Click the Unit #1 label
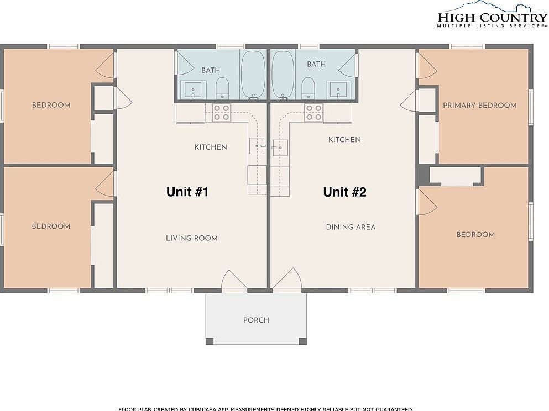tap(187, 192)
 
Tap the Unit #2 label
tap(344, 192)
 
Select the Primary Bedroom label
tap(479, 105)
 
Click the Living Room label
tap(192, 238)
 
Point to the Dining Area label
tap(351, 227)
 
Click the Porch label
tap(256, 320)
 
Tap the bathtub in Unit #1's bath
tap(253, 75)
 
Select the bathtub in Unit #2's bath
tap(283, 75)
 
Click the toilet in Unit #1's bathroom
tap(222, 87)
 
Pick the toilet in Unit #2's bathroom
tap(308, 87)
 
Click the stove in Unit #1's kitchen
tap(222, 113)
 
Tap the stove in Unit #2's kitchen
tap(313, 113)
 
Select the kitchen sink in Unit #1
tap(257, 146)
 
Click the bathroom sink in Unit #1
tap(192, 89)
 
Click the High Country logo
tap(492, 15)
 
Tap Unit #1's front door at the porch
tap(234, 281)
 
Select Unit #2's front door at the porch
tap(287, 281)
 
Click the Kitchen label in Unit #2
tap(344, 140)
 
